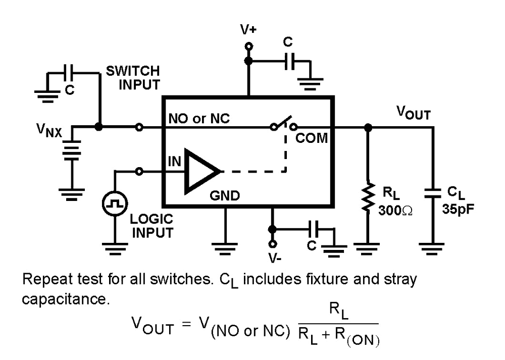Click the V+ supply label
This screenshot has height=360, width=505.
coord(248,30)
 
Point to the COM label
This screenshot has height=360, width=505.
coord(312,138)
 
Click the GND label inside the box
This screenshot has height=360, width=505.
coord(226,196)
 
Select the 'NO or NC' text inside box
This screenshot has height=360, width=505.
coord(199,119)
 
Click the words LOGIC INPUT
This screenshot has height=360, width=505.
coord(151,226)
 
